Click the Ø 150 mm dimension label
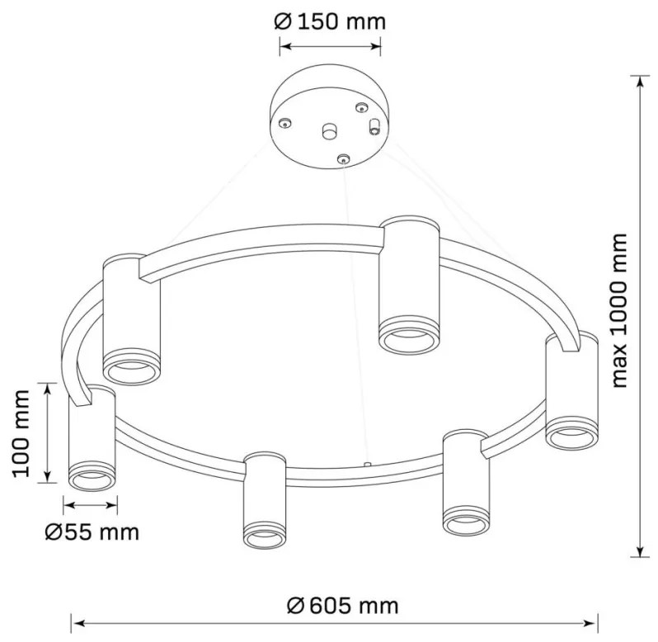330,21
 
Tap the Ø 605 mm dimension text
342,606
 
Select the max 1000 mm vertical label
618,311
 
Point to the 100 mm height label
21,433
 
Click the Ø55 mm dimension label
92,532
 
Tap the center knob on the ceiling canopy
330,131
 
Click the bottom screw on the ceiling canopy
344,159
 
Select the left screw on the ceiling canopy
285,123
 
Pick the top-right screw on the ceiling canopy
361,108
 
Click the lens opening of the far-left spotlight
92,480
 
